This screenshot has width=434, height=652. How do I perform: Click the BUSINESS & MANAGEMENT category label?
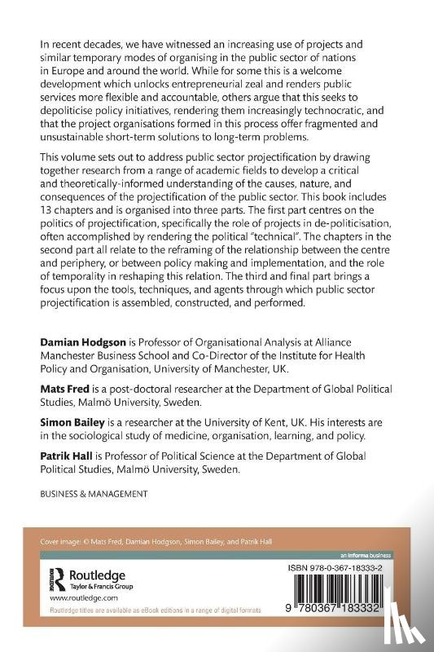(x=89, y=495)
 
